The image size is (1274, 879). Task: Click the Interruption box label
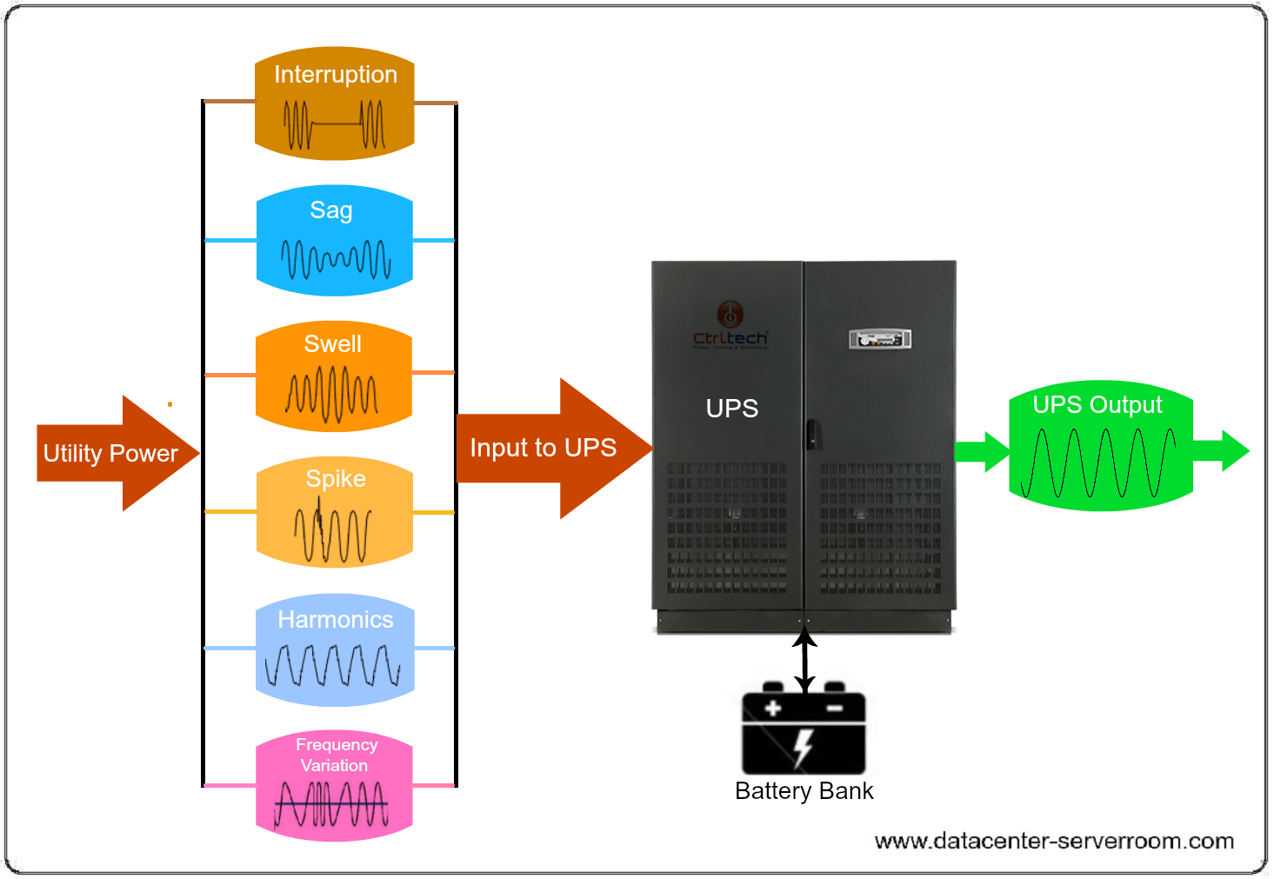[335, 75]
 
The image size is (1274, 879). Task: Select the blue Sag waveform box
[335, 241]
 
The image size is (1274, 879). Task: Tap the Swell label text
[332, 344]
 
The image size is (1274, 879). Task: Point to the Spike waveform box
[335, 513]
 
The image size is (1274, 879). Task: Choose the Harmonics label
[335, 620]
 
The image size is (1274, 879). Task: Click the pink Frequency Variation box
[334, 786]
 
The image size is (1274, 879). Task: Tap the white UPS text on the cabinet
[731, 409]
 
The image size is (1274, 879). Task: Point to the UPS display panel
[880, 339]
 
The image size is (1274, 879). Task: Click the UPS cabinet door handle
[811, 433]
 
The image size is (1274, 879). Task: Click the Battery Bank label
[804, 791]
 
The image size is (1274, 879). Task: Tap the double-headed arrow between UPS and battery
[804, 660]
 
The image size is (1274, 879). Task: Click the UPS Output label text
[1097, 405]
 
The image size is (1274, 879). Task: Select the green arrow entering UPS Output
[982, 451]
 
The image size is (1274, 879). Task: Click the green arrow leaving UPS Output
[1221, 451]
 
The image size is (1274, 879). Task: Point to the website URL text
[1054, 842]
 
